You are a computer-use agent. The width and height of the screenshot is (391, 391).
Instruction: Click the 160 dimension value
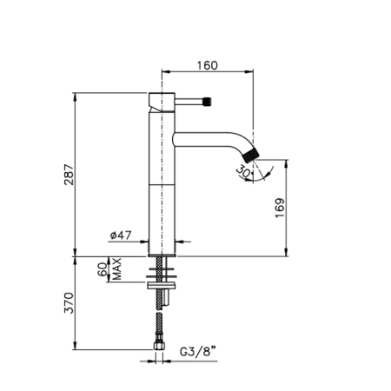(208, 65)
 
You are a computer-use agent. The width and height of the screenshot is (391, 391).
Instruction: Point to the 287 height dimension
(70, 175)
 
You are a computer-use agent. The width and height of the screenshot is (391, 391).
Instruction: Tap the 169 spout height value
(280, 208)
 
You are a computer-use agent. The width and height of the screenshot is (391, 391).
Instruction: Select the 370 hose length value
(70, 303)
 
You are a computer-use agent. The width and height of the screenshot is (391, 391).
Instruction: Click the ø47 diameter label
(121, 235)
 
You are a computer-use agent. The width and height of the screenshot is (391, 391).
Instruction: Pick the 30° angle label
(244, 171)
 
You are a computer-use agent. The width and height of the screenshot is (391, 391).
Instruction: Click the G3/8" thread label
(198, 352)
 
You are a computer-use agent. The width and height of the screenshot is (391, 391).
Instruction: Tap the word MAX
(116, 269)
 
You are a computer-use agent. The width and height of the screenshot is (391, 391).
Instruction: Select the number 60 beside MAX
(103, 269)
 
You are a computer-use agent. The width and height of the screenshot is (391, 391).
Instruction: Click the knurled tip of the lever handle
(208, 102)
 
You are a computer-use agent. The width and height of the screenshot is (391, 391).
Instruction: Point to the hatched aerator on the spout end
(251, 155)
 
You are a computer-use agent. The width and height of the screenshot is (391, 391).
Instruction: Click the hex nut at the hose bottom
(159, 345)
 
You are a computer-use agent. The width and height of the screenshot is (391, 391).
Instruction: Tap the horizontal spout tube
(206, 140)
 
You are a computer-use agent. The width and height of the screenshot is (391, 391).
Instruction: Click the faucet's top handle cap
(162, 102)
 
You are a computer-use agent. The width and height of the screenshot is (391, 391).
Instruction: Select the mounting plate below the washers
(162, 286)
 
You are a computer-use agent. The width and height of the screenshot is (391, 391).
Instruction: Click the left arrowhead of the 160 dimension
(165, 71)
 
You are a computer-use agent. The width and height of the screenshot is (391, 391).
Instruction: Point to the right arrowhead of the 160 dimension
(249, 71)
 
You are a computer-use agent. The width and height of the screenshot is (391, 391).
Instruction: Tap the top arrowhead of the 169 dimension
(287, 163)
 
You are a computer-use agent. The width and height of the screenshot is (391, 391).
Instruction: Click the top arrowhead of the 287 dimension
(76, 96)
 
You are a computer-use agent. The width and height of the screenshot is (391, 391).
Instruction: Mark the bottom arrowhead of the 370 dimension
(76, 346)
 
